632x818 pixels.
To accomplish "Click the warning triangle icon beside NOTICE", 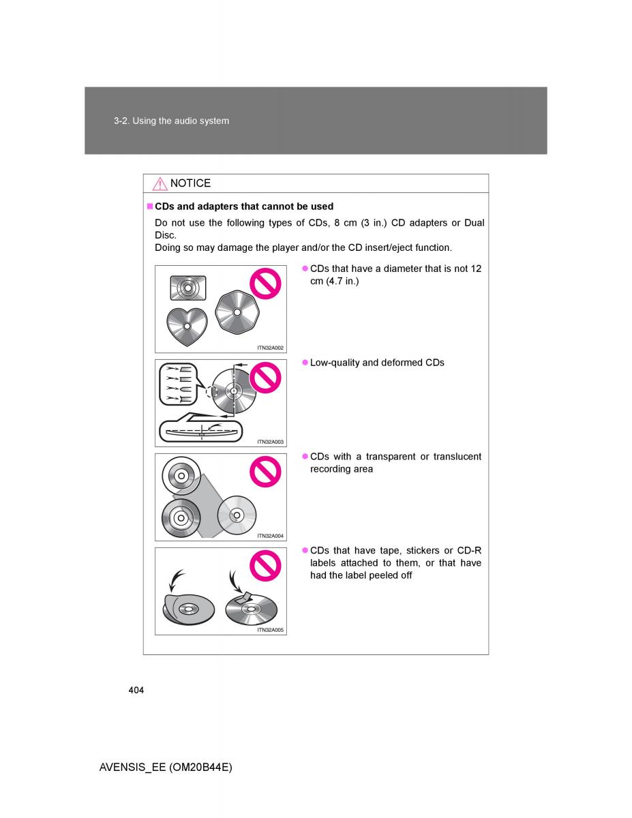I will [160, 183].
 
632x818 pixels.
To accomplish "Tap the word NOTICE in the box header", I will [190, 183].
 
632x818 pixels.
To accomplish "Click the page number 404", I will [136, 691].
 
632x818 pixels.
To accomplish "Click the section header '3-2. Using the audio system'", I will [171, 121].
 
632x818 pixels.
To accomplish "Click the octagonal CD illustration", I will [237, 312].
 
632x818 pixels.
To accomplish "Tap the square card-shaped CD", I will [187, 288].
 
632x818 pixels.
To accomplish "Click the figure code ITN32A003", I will [270, 442].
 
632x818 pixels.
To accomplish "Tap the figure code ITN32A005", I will [270, 630].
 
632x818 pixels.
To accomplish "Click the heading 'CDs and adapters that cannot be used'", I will [244, 206].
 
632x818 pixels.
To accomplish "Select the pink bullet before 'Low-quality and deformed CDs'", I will [305, 363].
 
